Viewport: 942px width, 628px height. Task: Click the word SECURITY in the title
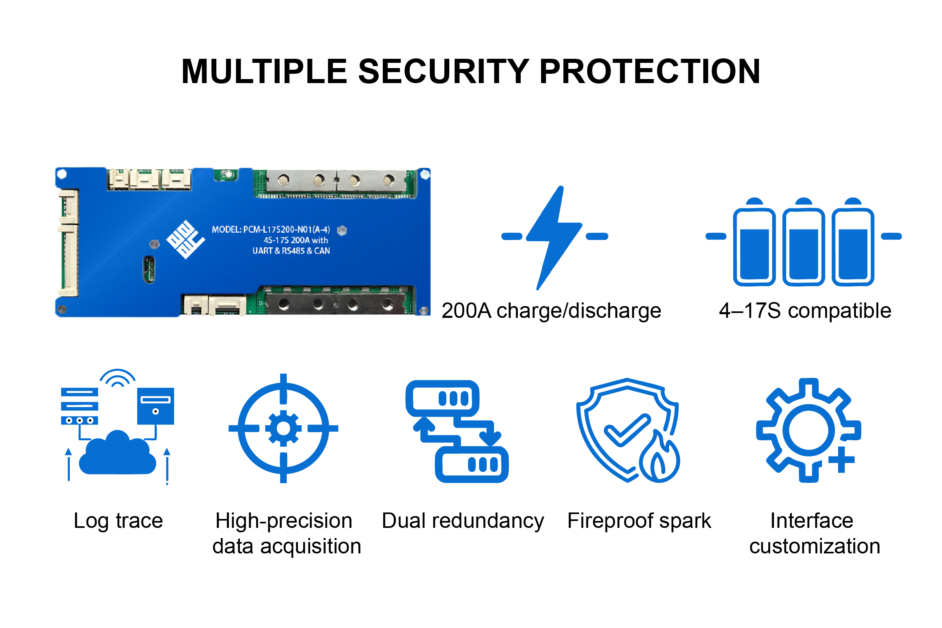(x=444, y=71)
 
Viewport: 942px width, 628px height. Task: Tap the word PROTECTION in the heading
(x=649, y=71)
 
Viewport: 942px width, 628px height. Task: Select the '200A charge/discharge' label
(x=551, y=311)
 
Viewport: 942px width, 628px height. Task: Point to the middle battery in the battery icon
(x=803, y=242)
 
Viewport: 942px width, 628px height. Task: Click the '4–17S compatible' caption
(x=805, y=311)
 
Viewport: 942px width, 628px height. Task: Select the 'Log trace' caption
(x=118, y=521)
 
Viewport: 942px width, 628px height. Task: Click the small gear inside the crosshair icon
(x=283, y=429)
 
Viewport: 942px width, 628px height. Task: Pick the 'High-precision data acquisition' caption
(x=286, y=533)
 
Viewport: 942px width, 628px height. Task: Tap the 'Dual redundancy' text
(x=463, y=521)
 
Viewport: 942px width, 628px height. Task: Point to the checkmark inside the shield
(x=627, y=430)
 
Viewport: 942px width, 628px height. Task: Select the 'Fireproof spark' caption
(x=639, y=521)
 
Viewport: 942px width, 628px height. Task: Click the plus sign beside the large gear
(x=841, y=459)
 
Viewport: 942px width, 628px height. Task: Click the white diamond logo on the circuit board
(x=185, y=239)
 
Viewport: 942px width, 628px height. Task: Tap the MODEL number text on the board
(x=271, y=229)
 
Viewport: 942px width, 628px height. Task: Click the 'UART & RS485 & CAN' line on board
(x=291, y=251)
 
